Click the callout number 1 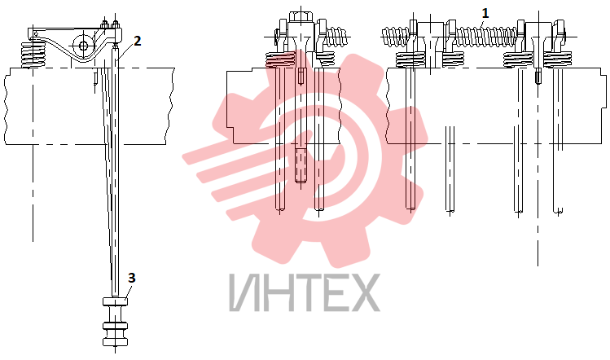485,14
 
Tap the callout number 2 138,41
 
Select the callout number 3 131,278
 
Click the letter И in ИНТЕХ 244,292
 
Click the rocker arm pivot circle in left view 83,46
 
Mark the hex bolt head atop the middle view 301,17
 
